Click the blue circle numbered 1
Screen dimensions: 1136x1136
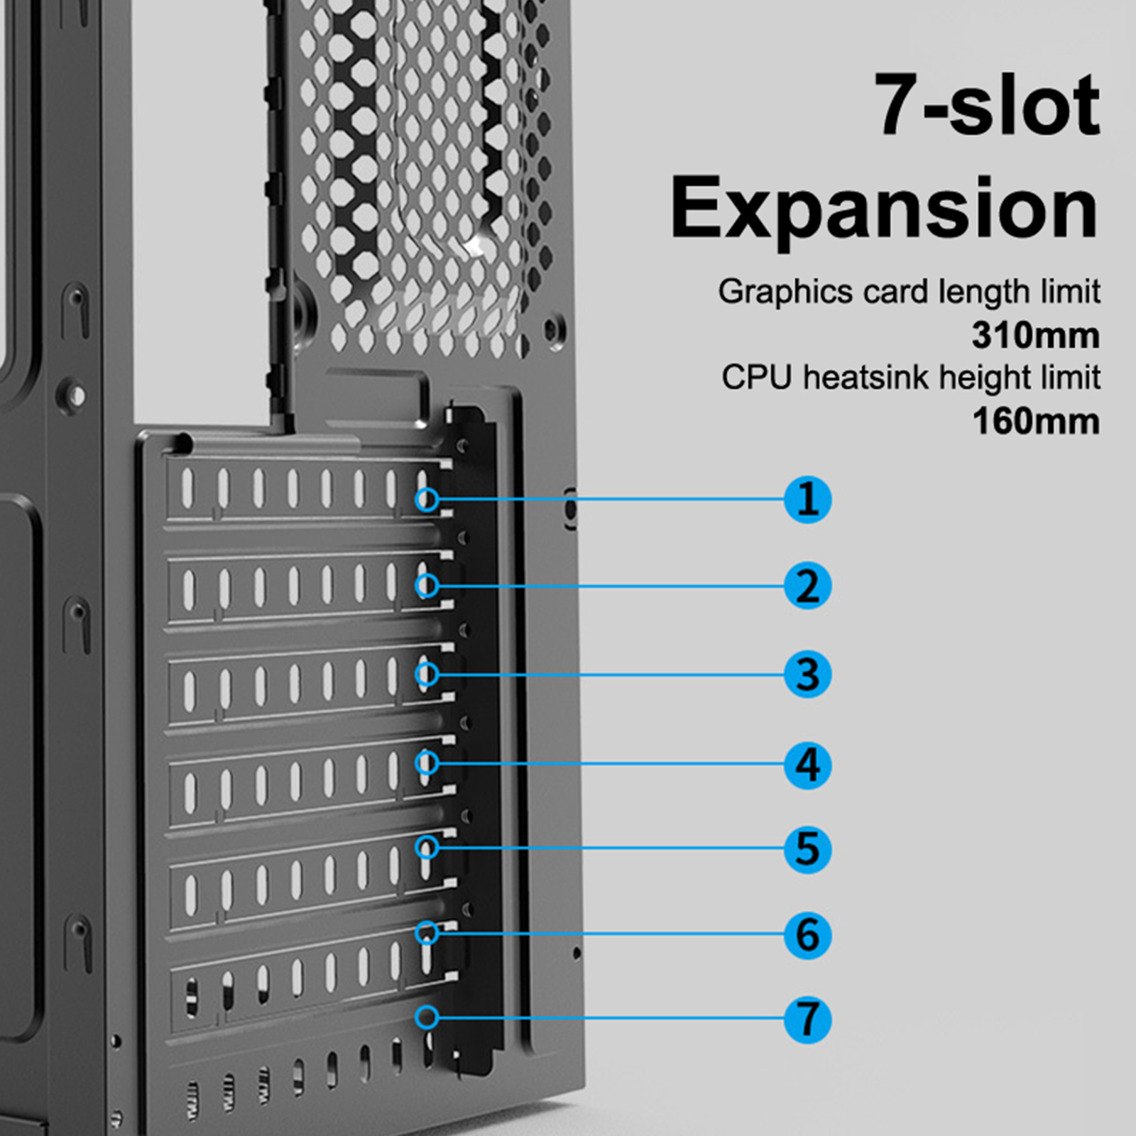click(807, 500)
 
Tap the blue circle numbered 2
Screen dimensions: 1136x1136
click(807, 586)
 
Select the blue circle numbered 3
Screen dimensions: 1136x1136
click(807, 674)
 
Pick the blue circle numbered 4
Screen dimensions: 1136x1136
click(807, 765)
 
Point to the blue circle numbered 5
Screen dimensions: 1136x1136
click(807, 848)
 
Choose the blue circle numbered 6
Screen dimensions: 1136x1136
click(807, 935)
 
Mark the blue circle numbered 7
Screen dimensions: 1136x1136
click(807, 1020)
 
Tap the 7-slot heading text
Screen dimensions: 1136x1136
click(988, 104)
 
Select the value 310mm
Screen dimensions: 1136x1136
click(1036, 336)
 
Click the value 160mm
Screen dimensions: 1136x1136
click(1036, 422)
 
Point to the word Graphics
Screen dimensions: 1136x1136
click(785, 293)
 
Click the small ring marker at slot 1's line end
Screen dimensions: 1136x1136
click(427, 499)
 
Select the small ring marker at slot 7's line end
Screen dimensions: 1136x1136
click(427, 1017)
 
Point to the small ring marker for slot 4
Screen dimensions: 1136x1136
click(427, 763)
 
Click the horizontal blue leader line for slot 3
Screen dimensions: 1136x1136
click(611, 674)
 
